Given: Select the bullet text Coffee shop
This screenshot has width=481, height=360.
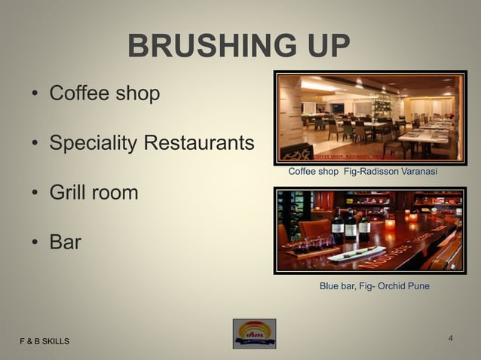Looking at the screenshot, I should pos(104,93).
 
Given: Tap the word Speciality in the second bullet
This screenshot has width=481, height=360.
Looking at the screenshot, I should pos(93,142).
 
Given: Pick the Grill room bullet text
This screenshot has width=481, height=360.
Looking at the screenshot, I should pos(93,192).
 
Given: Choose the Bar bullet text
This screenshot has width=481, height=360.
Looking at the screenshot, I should pos(65,242).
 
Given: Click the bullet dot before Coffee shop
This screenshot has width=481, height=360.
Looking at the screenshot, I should pos(35,95).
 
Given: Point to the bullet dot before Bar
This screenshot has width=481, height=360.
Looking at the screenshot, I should pos(35,243).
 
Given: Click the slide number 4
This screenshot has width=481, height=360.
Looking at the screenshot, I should pos(450,337).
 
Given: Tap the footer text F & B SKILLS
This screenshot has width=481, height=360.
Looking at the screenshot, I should pos(44,342).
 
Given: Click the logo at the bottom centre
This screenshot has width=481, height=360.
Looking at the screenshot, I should pos(254,334).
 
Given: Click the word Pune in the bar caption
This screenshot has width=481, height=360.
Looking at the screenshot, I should pos(418,286).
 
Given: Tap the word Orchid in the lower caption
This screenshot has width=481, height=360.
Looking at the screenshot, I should pos(391,286).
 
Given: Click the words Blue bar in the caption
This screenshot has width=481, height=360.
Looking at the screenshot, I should pos(337,286).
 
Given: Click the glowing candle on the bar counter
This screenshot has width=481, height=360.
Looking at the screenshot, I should pos(390,224).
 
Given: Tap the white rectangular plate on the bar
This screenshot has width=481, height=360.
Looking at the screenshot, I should pos(356,253).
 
